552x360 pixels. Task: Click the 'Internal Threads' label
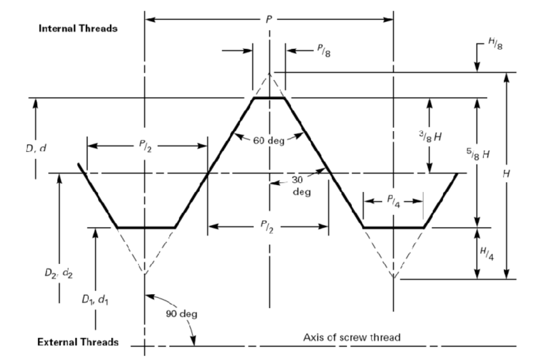pyautogui.click(x=78, y=29)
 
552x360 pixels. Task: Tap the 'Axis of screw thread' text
pyautogui.click(x=352, y=337)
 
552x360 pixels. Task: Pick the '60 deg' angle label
pyautogui.click(x=269, y=141)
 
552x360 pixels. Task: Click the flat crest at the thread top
pyautogui.click(x=269, y=98)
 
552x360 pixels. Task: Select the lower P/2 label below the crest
pyautogui.click(x=269, y=226)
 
